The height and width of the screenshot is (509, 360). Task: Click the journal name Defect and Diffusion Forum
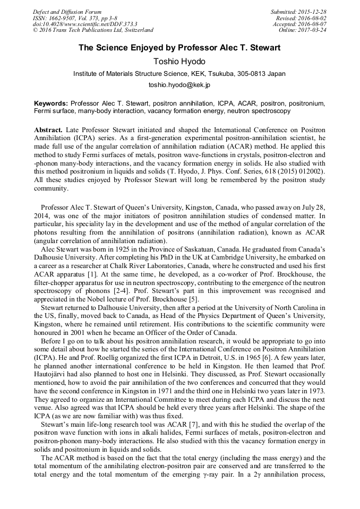point(66,12)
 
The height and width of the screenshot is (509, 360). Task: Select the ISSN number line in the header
point(72,18)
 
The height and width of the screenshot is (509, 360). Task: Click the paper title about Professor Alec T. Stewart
point(179,48)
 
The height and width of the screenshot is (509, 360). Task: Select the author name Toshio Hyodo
point(179,62)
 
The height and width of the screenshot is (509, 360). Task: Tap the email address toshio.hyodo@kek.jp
point(179,84)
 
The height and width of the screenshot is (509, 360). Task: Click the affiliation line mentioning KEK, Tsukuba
point(179,74)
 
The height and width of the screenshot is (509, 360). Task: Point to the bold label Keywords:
point(51,103)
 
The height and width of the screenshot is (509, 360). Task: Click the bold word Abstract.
point(48,130)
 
